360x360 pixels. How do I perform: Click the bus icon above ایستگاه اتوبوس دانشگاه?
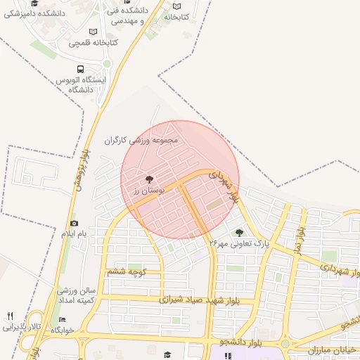[80, 70]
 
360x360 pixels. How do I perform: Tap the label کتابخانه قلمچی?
[93, 43]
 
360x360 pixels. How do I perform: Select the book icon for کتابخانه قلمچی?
[94, 31]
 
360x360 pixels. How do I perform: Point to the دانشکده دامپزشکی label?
[34, 14]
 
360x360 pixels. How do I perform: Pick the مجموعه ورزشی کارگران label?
[141, 140]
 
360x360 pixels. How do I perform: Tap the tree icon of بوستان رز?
[148, 179]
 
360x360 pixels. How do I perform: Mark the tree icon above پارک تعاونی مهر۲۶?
[239, 232]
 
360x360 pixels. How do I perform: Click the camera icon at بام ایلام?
[74, 223]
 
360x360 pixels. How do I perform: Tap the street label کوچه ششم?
[126, 271]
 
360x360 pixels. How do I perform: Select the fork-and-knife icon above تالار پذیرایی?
[10, 315]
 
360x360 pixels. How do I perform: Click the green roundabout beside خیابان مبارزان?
[285, 344]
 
